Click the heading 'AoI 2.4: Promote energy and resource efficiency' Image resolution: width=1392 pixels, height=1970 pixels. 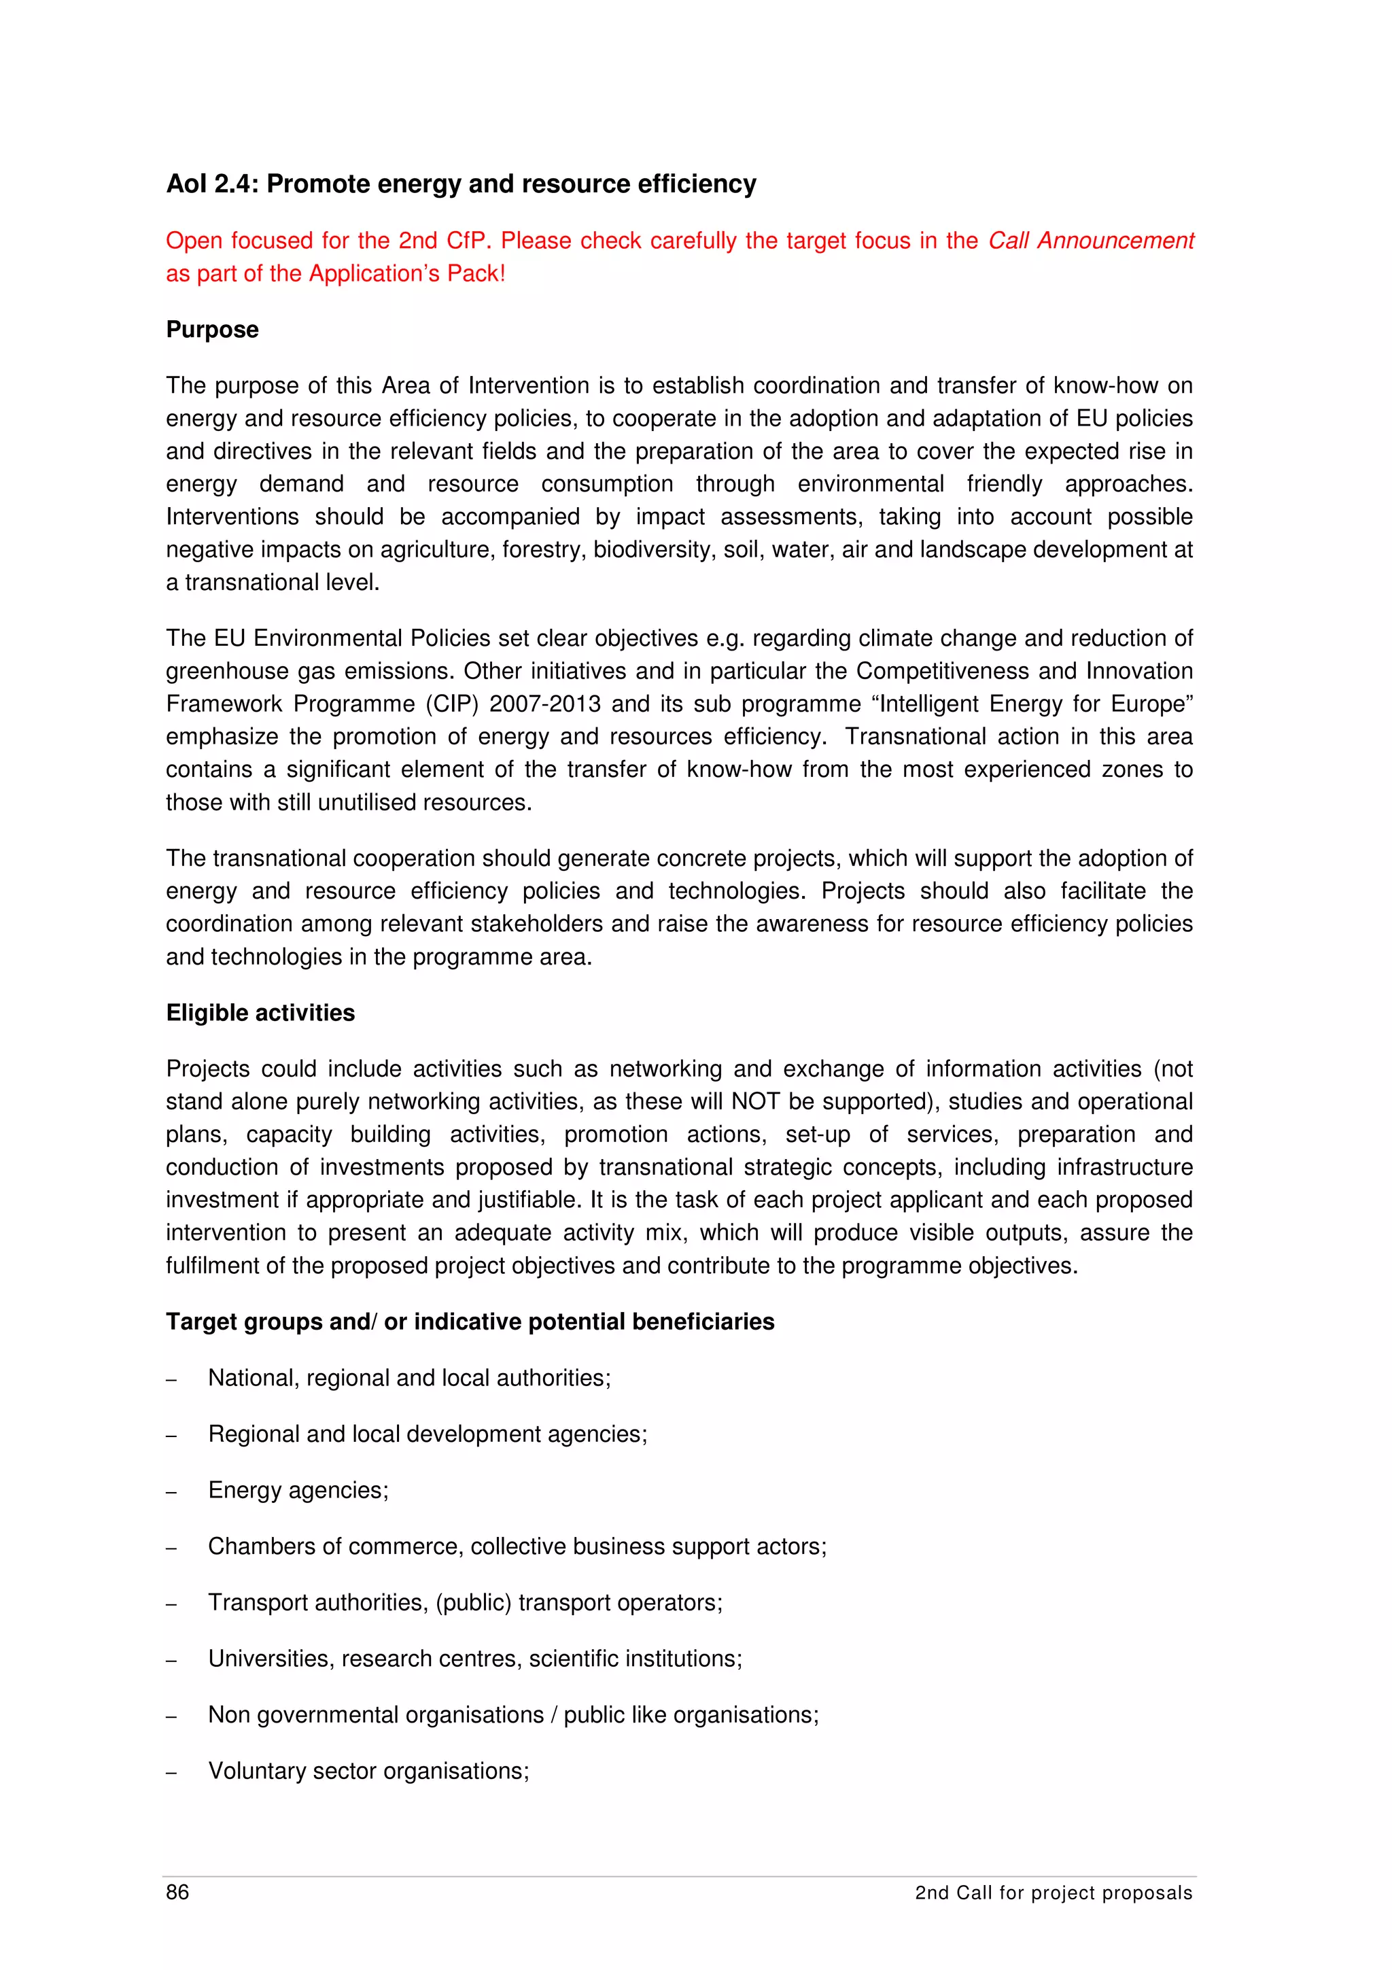[x=461, y=184]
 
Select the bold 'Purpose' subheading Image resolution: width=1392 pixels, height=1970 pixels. [x=212, y=330]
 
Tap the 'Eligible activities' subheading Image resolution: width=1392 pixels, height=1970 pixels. [x=260, y=1012]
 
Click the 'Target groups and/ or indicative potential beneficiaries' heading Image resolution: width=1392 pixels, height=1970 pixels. [x=469, y=1321]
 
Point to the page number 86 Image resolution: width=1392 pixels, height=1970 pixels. [x=177, y=1892]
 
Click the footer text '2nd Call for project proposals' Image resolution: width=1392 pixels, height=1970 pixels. [x=1054, y=1893]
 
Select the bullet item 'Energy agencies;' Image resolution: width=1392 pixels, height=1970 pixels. [x=298, y=1490]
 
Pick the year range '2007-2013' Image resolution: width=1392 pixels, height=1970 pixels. [x=544, y=704]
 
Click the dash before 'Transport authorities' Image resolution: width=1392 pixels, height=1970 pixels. [x=171, y=1604]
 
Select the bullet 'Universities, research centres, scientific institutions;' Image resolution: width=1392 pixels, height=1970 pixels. [x=474, y=1659]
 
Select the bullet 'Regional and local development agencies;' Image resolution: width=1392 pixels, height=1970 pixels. [x=427, y=1434]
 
